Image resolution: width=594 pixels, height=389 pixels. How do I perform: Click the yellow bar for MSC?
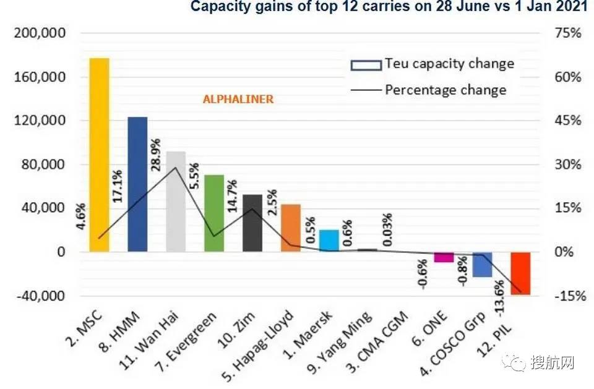pyautogui.click(x=99, y=155)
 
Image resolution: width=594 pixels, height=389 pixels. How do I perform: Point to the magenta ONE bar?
pyautogui.click(x=444, y=257)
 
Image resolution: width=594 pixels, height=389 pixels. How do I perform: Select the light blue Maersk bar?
pyautogui.click(x=329, y=240)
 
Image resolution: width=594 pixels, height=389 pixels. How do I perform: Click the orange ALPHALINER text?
pyautogui.click(x=238, y=99)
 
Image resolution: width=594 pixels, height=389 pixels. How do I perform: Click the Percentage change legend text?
pyautogui.click(x=445, y=90)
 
